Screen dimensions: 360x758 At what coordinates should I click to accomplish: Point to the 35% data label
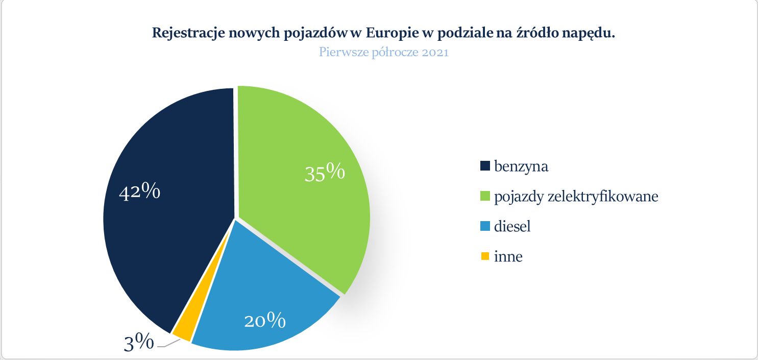point(325,173)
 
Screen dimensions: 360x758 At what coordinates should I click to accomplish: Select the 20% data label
point(264,321)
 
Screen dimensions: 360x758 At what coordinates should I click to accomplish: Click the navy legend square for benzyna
point(485,166)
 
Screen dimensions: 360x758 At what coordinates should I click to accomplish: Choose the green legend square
point(485,196)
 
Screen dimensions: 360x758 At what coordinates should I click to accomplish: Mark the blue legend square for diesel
point(485,226)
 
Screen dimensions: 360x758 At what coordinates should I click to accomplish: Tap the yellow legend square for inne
point(485,256)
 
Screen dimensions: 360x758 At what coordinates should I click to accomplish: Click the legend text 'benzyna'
point(521,166)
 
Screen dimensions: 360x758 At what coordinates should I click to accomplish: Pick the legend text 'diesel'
point(512,226)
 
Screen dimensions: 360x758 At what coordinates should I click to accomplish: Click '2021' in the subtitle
point(435,52)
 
